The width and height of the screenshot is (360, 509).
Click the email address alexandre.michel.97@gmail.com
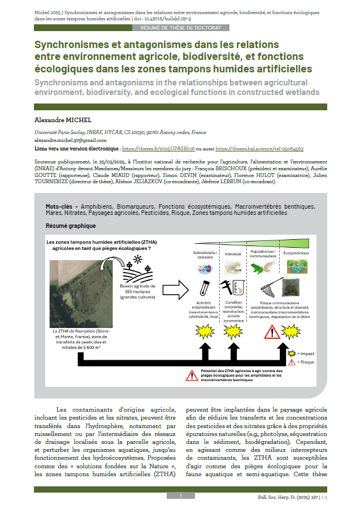pos(71,140)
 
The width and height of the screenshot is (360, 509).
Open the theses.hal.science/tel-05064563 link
pos(259,148)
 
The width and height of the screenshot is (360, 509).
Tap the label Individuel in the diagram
pos(233,255)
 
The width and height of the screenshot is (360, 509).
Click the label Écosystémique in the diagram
pos(296,253)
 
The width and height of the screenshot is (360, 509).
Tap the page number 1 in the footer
pos(180,496)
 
